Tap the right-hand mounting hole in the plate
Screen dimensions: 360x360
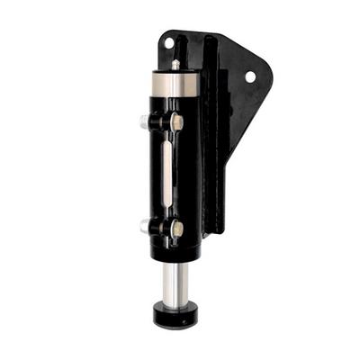(250, 77)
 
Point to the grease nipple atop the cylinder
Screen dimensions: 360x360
(174, 66)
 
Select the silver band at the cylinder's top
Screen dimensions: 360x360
(172, 85)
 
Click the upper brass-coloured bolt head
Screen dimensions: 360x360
(178, 121)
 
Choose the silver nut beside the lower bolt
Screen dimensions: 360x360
(146, 227)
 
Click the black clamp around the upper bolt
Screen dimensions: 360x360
(162, 121)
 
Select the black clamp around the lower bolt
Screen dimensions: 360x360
(162, 228)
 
